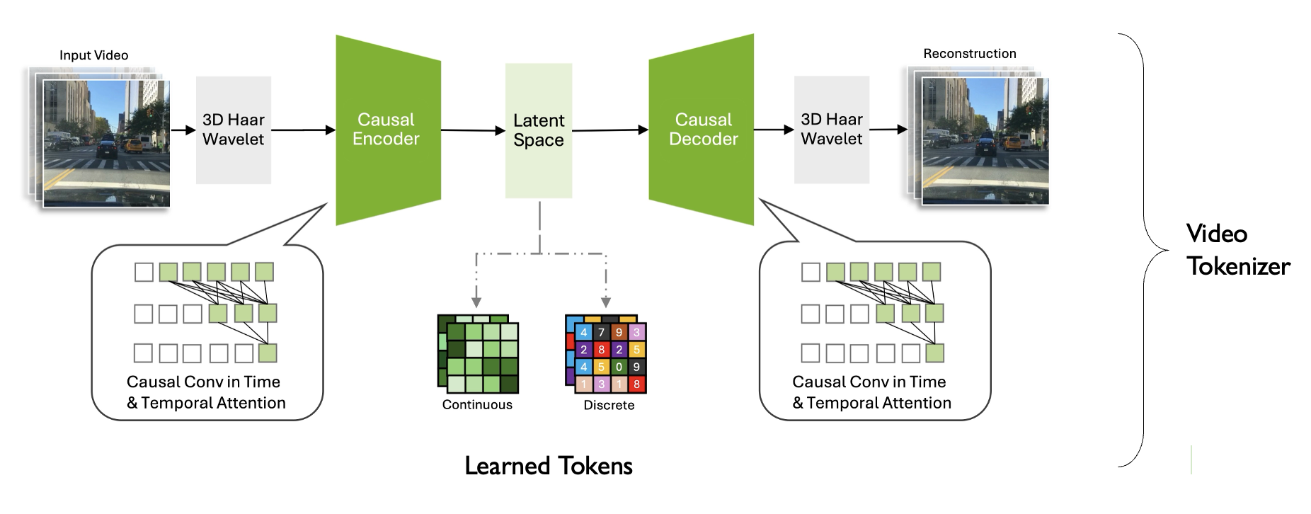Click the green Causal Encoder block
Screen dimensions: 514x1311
(x=388, y=130)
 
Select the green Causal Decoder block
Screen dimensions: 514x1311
(x=702, y=130)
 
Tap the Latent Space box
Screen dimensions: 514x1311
(x=539, y=130)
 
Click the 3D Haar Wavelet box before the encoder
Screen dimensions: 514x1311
(x=234, y=130)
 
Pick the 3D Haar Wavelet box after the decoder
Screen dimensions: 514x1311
(x=832, y=130)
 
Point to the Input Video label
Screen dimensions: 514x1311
(x=93, y=55)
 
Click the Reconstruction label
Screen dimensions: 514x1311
(x=969, y=54)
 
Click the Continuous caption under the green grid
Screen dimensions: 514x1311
(x=477, y=405)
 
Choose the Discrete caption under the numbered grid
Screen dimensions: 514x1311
(x=609, y=406)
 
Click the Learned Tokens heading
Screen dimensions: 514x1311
(x=549, y=466)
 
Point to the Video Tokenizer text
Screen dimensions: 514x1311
(x=1238, y=250)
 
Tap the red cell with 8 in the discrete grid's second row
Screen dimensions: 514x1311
(x=601, y=350)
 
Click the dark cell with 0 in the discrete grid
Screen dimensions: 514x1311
(x=619, y=367)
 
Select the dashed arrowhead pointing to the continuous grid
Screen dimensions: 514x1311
(x=476, y=300)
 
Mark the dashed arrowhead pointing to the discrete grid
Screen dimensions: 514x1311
(x=606, y=300)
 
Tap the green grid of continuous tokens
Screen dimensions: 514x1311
(x=479, y=354)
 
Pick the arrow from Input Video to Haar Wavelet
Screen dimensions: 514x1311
(x=183, y=130)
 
